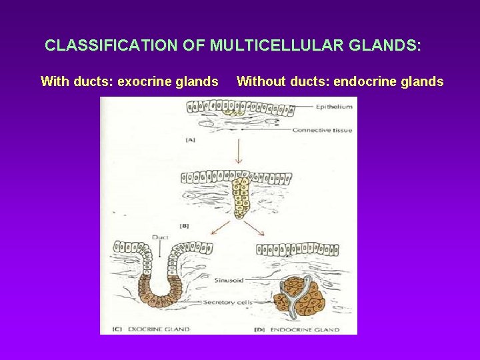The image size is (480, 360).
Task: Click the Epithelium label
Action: pos(333,106)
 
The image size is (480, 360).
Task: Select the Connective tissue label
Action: pos(322,130)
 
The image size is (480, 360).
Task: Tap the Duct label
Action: pos(160,237)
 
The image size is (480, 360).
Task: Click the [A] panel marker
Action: pos(191,140)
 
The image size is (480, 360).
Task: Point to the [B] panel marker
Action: pos(185,226)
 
